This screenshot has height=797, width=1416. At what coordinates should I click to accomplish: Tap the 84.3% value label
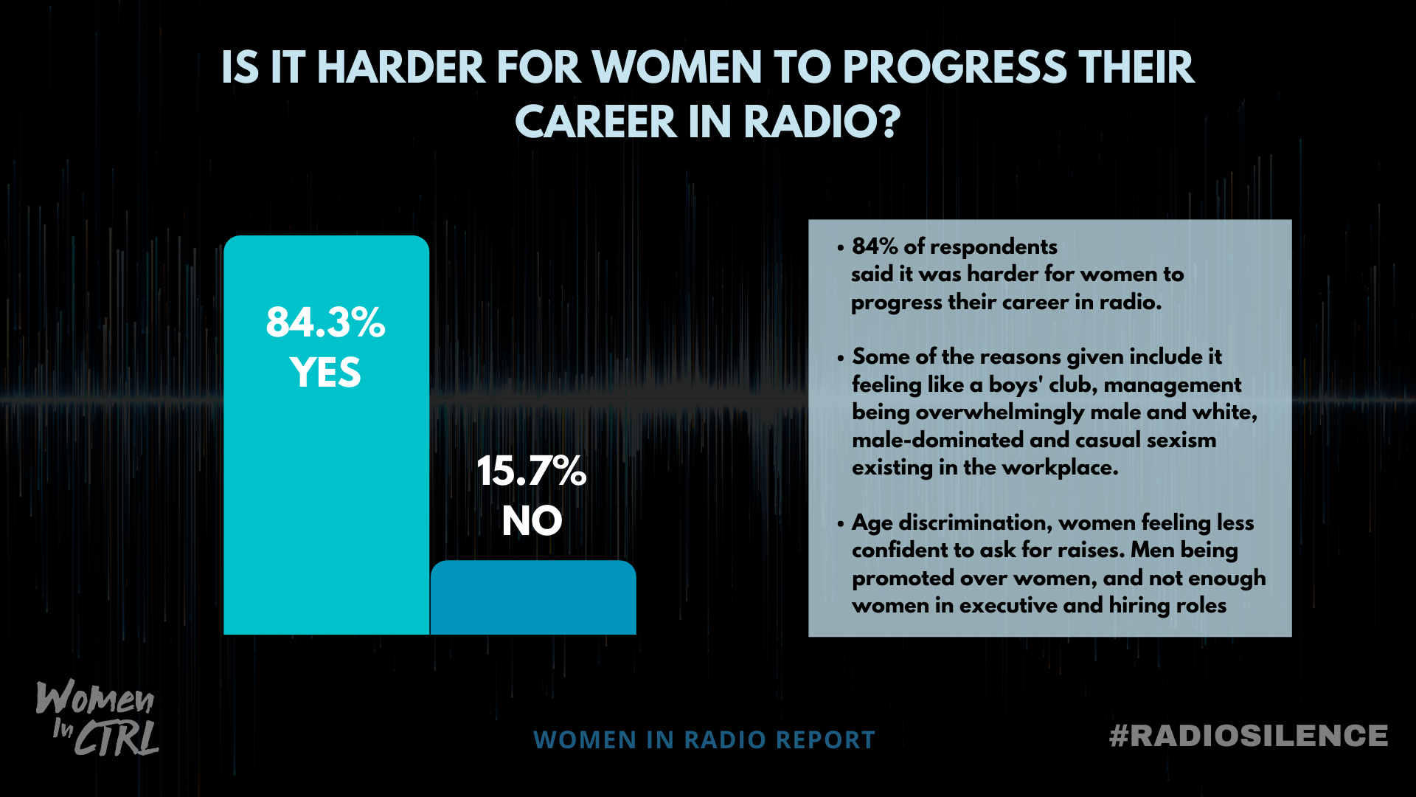325,322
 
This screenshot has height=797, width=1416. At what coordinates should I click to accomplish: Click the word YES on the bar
325,373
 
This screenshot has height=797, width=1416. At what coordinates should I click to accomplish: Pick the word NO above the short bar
532,521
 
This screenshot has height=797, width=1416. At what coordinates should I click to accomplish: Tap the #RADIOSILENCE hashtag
1248,736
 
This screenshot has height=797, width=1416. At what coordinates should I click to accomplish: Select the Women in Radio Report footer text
704,739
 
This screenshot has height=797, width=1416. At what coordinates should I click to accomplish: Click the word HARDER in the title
400,68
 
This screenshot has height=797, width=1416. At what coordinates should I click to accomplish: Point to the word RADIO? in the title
822,122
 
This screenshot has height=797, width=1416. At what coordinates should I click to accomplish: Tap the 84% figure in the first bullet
875,246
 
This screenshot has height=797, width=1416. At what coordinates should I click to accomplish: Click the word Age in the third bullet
872,523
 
